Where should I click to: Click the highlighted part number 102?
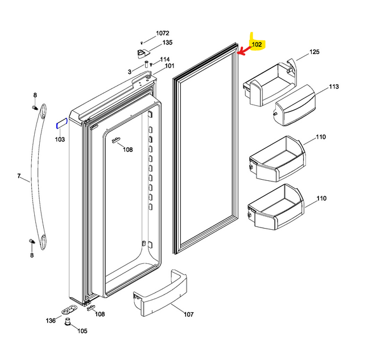click(x=257, y=44)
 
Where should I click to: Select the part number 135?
click(x=167, y=43)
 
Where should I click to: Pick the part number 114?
click(x=165, y=60)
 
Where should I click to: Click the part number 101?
click(x=170, y=67)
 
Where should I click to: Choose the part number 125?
click(x=315, y=52)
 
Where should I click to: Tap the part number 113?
click(x=333, y=87)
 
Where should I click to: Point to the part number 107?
click(x=188, y=315)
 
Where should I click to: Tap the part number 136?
click(x=51, y=321)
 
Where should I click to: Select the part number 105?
click(x=82, y=331)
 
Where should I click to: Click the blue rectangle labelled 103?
click(x=61, y=123)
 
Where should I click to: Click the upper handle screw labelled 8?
click(x=35, y=106)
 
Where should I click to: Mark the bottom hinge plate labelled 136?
click(x=71, y=309)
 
